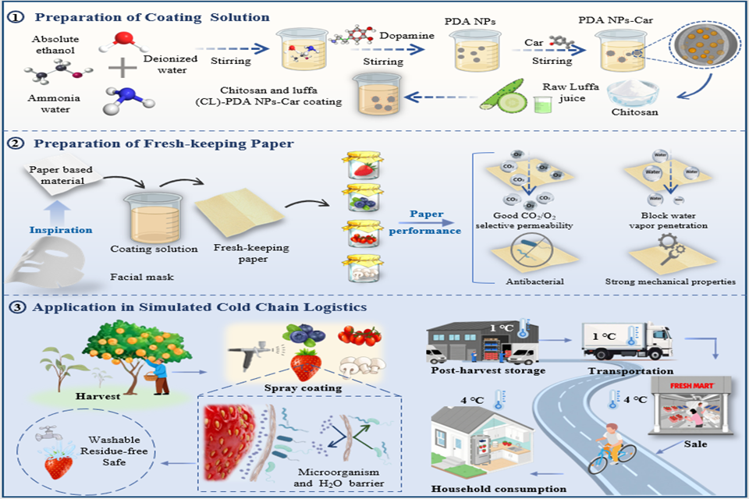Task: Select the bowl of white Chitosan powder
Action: pyautogui.click(x=633, y=95)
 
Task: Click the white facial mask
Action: pyautogui.click(x=49, y=261)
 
